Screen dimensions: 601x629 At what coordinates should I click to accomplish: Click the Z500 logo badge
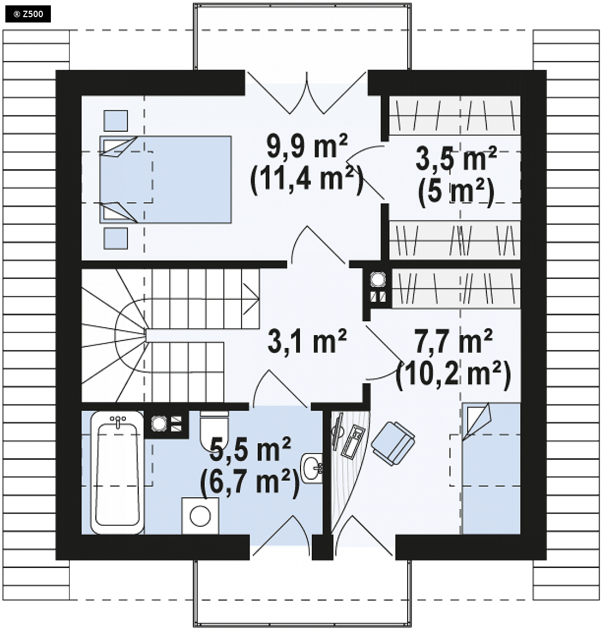pos(28,14)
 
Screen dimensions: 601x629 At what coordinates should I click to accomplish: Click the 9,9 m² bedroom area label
pos(307,147)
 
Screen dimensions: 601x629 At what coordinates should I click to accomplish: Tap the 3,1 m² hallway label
pos(307,342)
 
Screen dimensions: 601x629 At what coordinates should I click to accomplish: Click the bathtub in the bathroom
pos(117,472)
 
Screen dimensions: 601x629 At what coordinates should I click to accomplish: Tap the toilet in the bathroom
pos(214,428)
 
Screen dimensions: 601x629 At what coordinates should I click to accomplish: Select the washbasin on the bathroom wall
pos(312,468)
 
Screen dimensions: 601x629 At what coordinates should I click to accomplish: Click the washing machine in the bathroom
pos(200,516)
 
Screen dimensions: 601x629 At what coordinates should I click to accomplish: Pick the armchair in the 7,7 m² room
pos(393,443)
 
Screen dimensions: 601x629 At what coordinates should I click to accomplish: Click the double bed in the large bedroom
pos(166,179)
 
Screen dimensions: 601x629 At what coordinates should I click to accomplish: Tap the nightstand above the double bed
pos(116,121)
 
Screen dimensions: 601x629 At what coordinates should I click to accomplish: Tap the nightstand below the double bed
pos(116,238)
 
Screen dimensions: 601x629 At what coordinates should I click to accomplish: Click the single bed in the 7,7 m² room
pos(491,468)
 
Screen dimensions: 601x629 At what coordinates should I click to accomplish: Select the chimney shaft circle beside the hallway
pos(378,279)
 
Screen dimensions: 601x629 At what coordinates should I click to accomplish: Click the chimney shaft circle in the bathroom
pos(159,423)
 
